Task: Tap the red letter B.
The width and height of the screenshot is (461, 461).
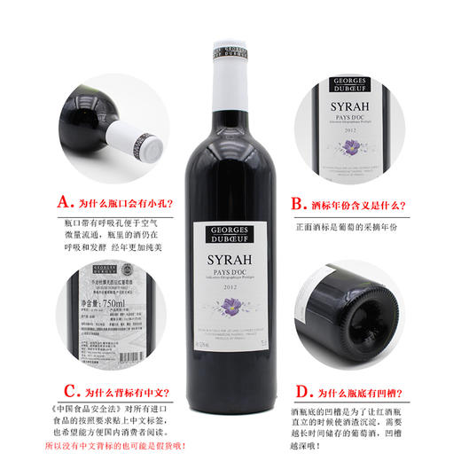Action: [298, 203]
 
